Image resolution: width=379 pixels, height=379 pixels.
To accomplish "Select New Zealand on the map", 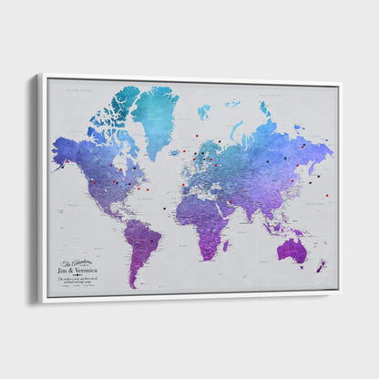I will (x=321, y=267).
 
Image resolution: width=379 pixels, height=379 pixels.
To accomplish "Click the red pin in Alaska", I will (x=68, y=162).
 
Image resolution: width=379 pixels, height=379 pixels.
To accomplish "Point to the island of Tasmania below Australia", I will (x=301, y=270).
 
